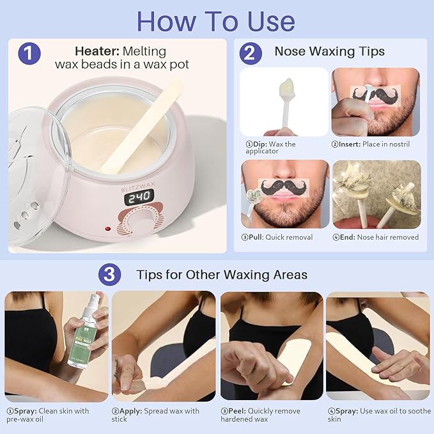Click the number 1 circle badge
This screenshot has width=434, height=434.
point(29,52)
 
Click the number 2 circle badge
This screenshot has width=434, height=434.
point(251,52)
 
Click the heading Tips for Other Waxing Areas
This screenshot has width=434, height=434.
point(222,275)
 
